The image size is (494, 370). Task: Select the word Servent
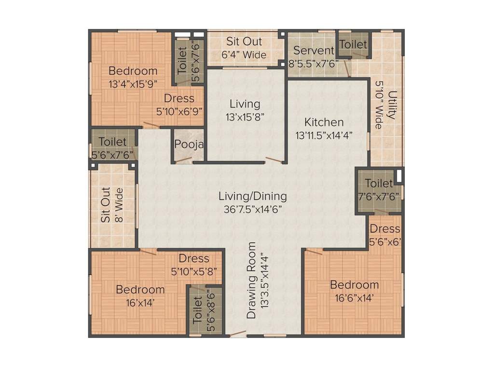coord(314,50)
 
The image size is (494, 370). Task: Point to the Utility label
coord(391,105)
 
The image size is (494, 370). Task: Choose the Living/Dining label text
coord(252,196)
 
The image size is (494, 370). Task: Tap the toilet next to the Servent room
coord(353,44)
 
